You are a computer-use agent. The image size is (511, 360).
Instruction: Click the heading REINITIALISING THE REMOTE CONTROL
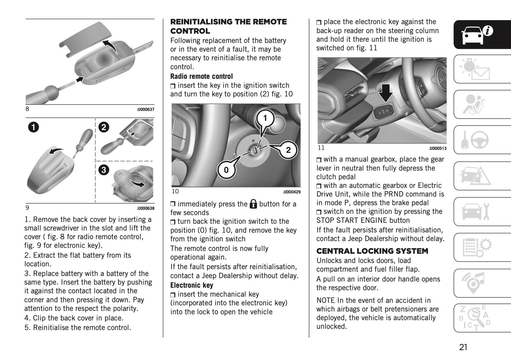click(228, 27)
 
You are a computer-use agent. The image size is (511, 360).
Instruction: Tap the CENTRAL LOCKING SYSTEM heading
click(372, 251)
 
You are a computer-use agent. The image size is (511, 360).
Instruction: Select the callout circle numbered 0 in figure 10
click(226, 170)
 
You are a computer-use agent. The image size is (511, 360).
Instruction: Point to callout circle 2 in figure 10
click(288, 150)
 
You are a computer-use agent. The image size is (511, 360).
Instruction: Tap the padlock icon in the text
click(253, 204)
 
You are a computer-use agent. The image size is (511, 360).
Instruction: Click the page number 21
click(463, 347)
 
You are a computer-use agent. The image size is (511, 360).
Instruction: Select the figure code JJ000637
click(146, 110)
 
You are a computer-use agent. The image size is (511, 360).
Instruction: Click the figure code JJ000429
click(292, 192)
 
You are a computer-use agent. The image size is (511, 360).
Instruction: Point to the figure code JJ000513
click(438, 149)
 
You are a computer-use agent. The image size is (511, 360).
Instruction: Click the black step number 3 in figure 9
click(104, 170)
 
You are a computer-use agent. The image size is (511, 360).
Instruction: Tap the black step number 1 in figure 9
click(34, 127)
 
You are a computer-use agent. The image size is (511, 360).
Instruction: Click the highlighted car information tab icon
click(482, 34)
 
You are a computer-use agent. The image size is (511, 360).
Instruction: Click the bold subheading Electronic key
click(192, 285)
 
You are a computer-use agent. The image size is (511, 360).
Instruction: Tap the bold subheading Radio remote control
click(202, 76)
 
